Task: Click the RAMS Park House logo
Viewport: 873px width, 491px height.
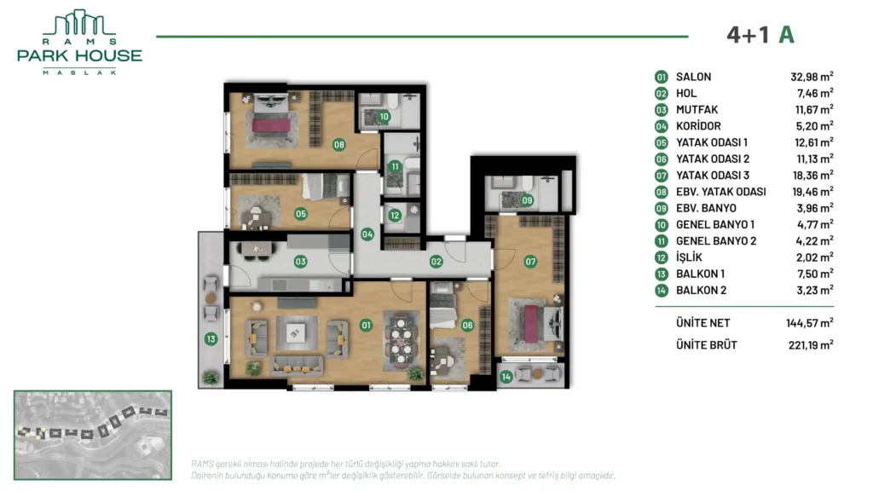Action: (79, 43)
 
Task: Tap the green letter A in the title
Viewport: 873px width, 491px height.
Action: (786, 35)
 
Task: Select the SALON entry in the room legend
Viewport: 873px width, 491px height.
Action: (693, 77)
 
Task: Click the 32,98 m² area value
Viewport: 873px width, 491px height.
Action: (812, 77)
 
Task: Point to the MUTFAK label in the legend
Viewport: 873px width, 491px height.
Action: (697, 110)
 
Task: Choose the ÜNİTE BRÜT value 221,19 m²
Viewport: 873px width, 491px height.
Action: (811, 344)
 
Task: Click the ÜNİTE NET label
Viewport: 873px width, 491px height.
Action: (702, 323)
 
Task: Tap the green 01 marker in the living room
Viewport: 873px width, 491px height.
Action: (366, 325)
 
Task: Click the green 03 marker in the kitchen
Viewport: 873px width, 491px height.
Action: (301, 261)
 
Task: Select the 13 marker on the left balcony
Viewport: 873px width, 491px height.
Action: (211, 338)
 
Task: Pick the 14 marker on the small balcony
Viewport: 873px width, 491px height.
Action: (506, 377)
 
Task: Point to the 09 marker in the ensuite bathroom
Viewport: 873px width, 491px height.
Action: (527, 200)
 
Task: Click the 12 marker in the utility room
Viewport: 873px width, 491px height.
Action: (395, 215)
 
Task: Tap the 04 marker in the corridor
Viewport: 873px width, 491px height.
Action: (367, 234)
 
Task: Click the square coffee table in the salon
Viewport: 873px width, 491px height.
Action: (295, 333)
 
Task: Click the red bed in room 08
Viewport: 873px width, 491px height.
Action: (271, 124)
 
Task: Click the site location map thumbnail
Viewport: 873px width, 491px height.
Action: (93, 435)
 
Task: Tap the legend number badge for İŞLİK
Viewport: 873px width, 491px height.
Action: (661, 257)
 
